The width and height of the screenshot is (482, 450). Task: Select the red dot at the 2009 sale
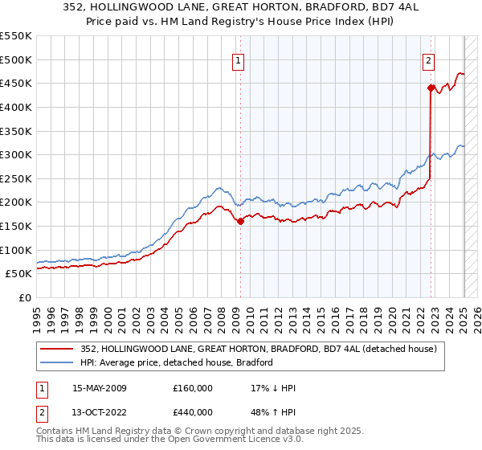[x=240, y=222]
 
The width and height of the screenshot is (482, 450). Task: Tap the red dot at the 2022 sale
[x=431, y=88]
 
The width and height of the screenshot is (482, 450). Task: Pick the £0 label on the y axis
[x=25, y=297]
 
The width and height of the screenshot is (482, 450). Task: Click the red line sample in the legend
[x=57, y=349]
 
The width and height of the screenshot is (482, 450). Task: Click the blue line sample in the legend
[x=57, y=362]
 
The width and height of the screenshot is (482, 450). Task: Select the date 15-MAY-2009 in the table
[x=100, y=388]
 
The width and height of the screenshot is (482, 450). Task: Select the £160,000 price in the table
[x=193, y=388]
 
